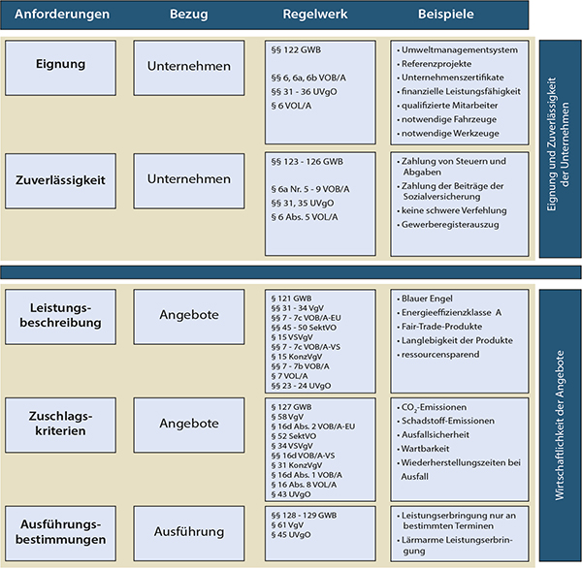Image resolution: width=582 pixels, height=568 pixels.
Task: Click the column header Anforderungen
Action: (x=62, y=15)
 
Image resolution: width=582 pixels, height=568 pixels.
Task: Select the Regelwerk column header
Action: (x=315, y=15)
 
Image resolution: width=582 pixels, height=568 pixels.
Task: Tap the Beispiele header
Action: (x=446, y=15)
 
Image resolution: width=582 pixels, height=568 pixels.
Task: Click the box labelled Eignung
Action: (x=60, y=68)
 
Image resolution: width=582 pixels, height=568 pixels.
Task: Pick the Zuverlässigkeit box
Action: (x=60, y=181)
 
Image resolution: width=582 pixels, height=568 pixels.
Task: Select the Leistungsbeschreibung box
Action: (x=60, y=317)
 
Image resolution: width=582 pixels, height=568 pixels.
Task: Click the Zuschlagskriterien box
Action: (x=60, y=426)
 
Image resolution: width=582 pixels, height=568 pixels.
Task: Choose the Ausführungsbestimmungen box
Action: (x=60, y=533)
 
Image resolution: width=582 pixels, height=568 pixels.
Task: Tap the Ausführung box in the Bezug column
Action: (x=189, y=533)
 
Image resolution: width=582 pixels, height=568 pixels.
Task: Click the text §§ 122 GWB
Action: (x=296, y=50)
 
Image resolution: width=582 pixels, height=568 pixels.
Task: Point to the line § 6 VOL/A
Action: (x=291, y=106)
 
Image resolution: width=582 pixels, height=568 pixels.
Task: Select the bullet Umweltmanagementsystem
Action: (x=457, y=50)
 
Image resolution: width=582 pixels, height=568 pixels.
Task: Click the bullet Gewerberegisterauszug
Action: (x=448, y=225)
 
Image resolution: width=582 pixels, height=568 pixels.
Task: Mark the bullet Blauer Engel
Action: (x=425, y=299)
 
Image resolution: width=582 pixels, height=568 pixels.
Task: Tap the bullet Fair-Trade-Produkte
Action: (x=439, y=327)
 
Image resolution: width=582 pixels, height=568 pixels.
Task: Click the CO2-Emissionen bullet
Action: (x=432, y=407)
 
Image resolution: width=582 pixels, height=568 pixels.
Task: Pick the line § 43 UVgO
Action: (x=291, y=494)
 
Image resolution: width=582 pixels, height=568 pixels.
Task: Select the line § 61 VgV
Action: (x=287, y=525)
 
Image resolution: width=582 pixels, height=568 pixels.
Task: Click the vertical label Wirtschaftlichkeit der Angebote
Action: (x=560, y=426)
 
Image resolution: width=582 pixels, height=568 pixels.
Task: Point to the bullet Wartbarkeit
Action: (x=423, y=449)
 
